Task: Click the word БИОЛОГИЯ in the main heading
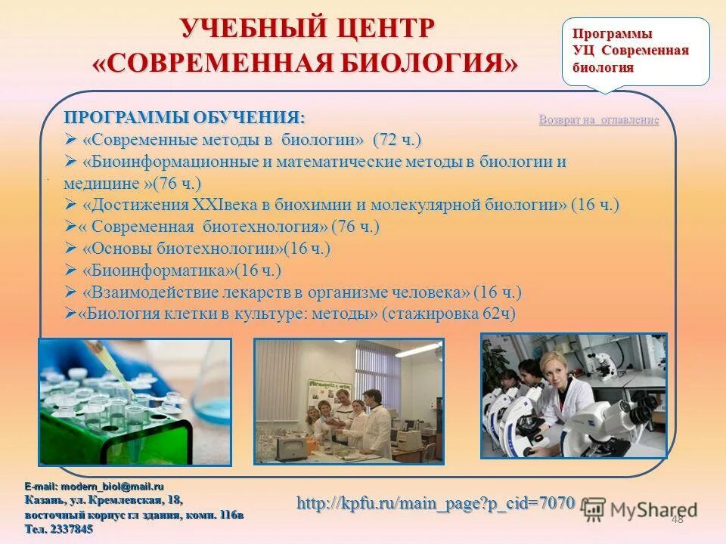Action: tap(423, 63)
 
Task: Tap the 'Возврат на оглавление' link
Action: tap(598, 120)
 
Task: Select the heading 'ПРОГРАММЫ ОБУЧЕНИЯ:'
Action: tap(185, 119)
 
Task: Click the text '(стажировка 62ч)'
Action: tap(449, 314)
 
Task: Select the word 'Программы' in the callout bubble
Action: tap(612, 34)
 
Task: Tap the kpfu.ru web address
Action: tap(435, 502)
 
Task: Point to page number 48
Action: tap(676, 518)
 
